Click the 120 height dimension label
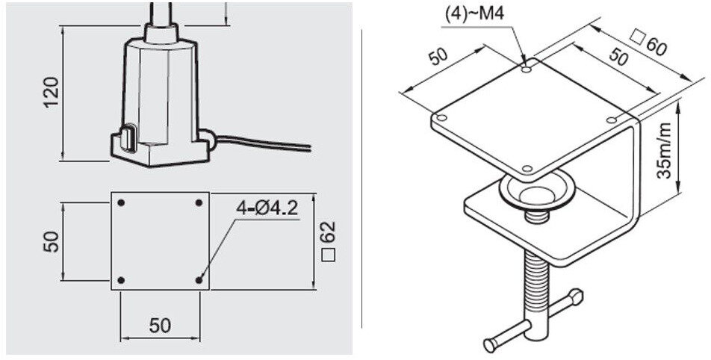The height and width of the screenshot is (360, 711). tap(51, 91)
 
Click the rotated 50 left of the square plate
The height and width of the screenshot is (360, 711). tap(51, 241)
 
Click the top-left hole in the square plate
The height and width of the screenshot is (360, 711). tap(121, 203)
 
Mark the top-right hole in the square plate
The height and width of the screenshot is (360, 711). tap(199, 203)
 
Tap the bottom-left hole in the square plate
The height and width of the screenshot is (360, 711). tap(121, 280)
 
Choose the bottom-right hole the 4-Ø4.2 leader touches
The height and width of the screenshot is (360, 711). tap(199, 280)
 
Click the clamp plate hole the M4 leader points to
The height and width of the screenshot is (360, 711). tap(527, 69)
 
